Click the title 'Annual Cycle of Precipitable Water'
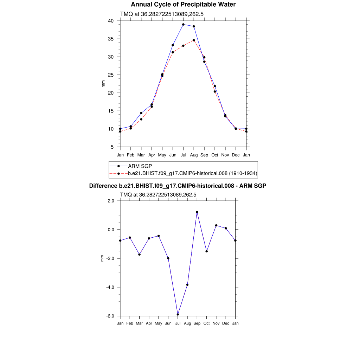183,5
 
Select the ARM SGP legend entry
140,166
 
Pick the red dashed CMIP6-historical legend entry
192,173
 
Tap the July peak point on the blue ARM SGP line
183,25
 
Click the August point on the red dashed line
194,40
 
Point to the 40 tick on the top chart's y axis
111,21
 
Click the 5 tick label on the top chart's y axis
112,147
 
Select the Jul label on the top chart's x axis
183,155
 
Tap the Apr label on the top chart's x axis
152,155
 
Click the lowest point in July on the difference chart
178,314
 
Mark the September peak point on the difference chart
197,212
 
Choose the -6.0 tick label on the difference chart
110,316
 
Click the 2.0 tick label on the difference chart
111,201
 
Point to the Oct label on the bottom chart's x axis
207,323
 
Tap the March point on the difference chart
140,255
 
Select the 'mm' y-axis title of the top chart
103,84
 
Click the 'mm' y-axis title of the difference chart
102,258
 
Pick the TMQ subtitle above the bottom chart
158,194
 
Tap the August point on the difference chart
187,285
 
